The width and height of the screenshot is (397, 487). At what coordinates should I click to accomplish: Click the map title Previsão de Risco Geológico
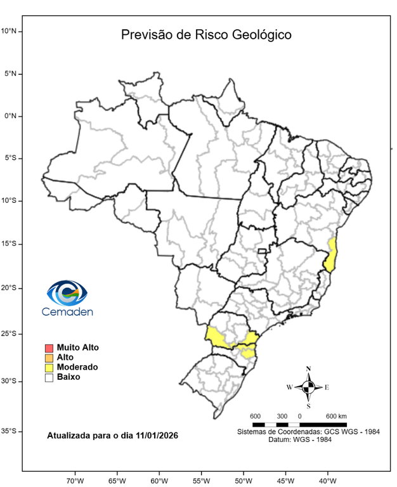[206, 34]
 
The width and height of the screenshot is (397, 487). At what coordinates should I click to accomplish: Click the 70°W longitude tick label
[75, 480]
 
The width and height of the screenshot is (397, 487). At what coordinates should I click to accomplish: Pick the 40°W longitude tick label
[327, 480]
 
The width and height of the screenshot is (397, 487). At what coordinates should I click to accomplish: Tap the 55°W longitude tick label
[202, 480]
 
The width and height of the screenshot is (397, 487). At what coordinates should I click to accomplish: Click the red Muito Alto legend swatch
[48, 348]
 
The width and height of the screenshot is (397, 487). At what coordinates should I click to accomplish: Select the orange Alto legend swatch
[48, 358]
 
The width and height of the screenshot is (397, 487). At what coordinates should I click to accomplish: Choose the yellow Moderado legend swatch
[48, 367]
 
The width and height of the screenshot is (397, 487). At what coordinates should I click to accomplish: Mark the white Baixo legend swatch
[48, 377]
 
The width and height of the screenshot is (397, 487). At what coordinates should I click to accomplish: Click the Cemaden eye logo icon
[67, 293]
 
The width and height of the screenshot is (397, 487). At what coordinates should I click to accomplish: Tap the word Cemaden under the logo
[67, 311]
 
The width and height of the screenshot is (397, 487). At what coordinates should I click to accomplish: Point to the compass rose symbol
[308, 387]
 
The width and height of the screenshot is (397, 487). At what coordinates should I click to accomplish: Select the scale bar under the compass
[299, 424]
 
